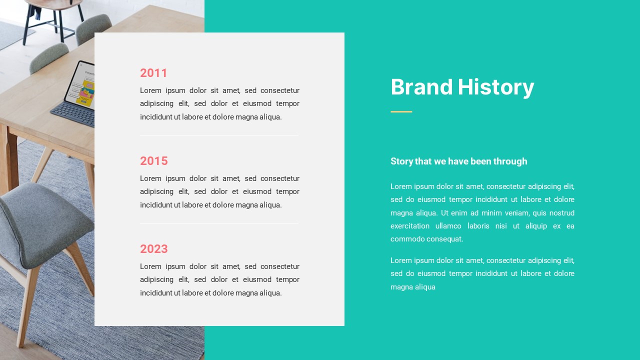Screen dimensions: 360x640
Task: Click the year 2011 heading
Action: point(153,73)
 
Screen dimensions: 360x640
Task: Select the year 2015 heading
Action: point(153,161)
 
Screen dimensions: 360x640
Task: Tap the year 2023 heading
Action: point(153,249)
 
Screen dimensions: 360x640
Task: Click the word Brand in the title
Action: point(421,87)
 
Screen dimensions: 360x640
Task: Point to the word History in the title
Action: point(495,87)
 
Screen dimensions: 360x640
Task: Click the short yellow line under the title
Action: point(401,111)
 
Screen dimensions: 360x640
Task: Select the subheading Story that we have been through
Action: point(458,161)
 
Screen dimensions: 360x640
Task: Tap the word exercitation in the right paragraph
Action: point(409,226)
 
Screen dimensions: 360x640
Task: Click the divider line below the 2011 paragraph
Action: point(219,135)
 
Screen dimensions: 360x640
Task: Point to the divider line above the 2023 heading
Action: point(219,223)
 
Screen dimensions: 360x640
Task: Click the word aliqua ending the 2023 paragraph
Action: point(270,293)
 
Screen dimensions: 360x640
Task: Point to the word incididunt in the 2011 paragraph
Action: point(155,117)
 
